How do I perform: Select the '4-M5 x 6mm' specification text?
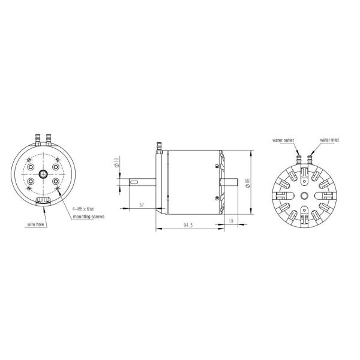point(83,208)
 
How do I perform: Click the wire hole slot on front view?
point(43,200)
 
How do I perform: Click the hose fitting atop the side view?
point(159,145)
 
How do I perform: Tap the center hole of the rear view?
point(304,196)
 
